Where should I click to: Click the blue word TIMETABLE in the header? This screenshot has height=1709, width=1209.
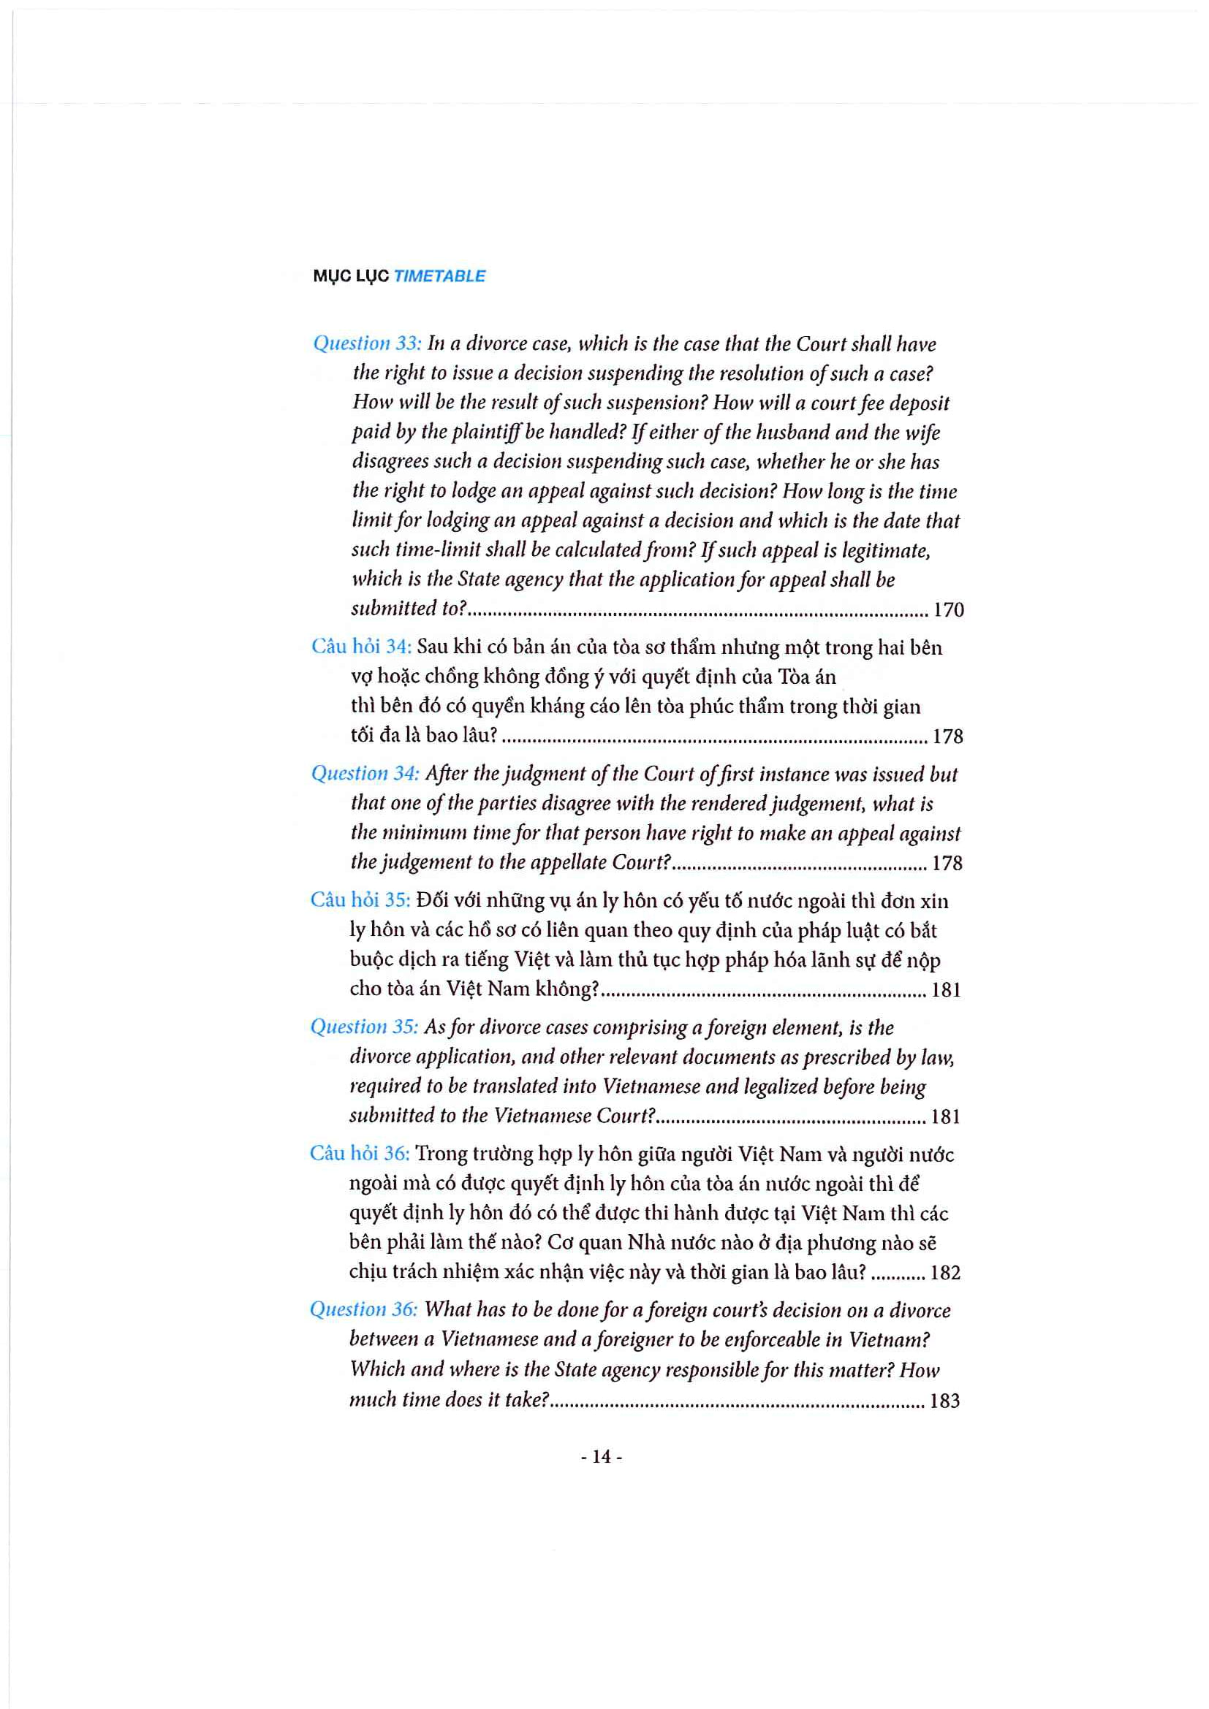point(439,276)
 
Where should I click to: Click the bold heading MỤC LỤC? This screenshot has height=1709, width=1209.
point(351,276)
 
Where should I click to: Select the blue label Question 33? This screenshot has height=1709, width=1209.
point(367,343)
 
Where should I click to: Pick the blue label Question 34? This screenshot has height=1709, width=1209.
point(365,773)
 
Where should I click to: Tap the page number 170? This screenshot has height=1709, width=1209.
point(949,610)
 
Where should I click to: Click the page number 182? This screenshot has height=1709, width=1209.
point(945,1273)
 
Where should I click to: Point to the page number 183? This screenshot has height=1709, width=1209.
point(944,1401)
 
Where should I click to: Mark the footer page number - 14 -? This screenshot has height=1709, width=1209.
point(602,1457)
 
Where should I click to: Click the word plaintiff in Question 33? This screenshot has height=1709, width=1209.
point(480,433)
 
